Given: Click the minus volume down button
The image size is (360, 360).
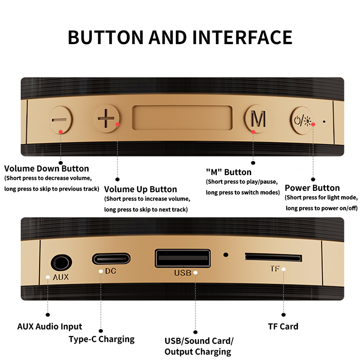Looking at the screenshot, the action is [x=61, y=120].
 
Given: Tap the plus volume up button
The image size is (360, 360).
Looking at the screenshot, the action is [x=107, y=118].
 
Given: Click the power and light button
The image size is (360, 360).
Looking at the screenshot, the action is [x=302, y=120].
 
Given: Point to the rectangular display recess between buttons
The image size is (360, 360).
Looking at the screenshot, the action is [x=182, y=117].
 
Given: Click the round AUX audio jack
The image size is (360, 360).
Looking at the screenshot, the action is [x=61, y=263].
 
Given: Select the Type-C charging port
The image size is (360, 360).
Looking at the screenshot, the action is [x=111, y=259].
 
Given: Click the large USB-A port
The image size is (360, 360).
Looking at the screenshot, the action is [x=183, y=258].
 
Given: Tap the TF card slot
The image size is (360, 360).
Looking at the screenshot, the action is [x=273, y=257].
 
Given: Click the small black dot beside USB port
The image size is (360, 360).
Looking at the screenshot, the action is [x=226, y=255].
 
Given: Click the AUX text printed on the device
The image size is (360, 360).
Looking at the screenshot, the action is [x=61, y=277].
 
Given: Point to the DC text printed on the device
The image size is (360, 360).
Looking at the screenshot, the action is [x=110, y=271].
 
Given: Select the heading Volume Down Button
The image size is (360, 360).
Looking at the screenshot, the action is [x=47, y=168].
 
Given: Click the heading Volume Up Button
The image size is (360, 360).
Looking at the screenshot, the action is [x=140, y=189].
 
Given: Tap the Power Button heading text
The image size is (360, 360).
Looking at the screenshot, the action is [x=312, y=188].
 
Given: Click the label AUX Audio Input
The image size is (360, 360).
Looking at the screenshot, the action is [x=49, y=327].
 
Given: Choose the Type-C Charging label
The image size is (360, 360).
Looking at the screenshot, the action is [x=102, y=339].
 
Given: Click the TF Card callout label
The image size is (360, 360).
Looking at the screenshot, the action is [x=283, y=327].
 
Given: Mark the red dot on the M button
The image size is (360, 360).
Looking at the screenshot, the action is [x=253, y=132].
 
